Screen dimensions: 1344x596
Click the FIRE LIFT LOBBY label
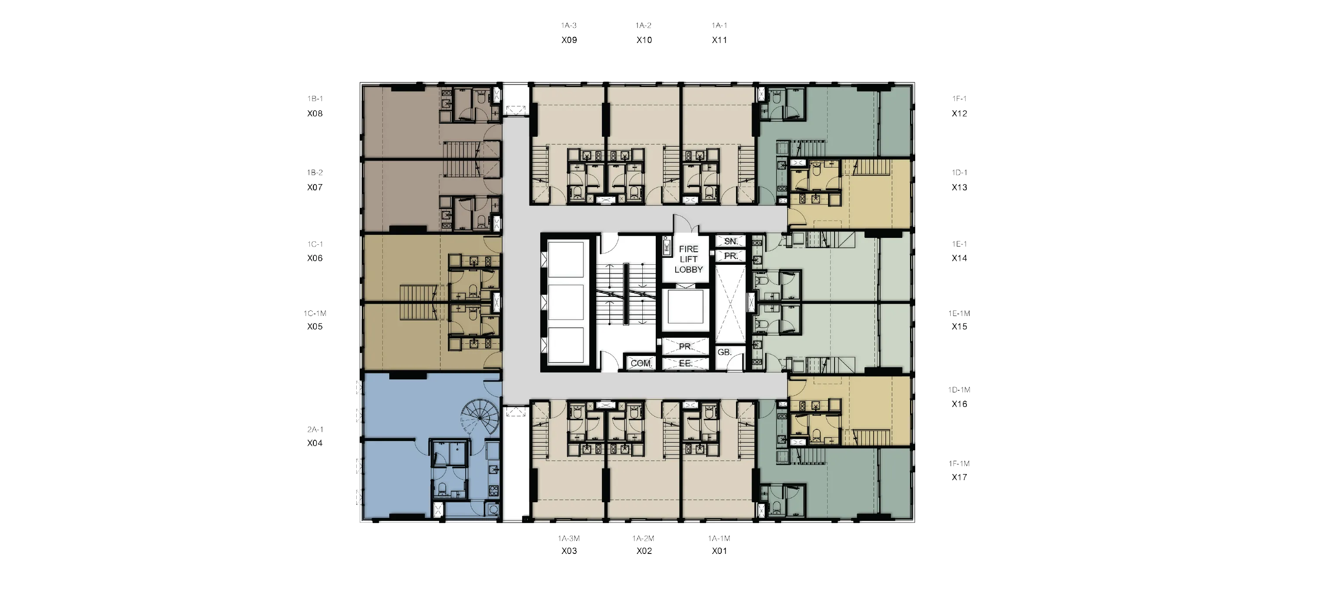pyautogui.click(x=688, y=260)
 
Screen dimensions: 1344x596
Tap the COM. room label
pyautogui.click(x=641, y=363)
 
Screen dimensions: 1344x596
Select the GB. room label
pyautogui.click(x=725, y=352)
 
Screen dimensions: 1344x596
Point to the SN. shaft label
pyautogui.click(x=731, y=241)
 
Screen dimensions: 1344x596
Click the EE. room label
pyautogui.click(x=686, y=363)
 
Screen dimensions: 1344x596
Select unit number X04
pyautogui.click(x=315, y=443)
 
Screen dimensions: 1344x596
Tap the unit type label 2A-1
pyautogui.click(x=315, y=429)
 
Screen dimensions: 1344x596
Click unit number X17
pyautogui.click(x=960, y=477)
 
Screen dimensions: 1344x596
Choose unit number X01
pyautogui.click(x=720, y=550)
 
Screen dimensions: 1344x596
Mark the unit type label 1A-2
pyautogui.click(x=643, y=25)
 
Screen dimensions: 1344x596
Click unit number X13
pyautogui.click(x=960, y=188)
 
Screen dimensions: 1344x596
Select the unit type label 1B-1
pyautogui.click(x=315, y=99)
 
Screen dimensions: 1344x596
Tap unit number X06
pyautogui.click(x=315, y=258)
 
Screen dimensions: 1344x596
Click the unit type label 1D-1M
pyautogui.click(x=960, y=390)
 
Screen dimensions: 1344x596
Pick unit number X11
pyautogui.click(x=720, y=40)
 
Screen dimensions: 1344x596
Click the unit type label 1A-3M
pyautogui.click(x=568, y=538)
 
